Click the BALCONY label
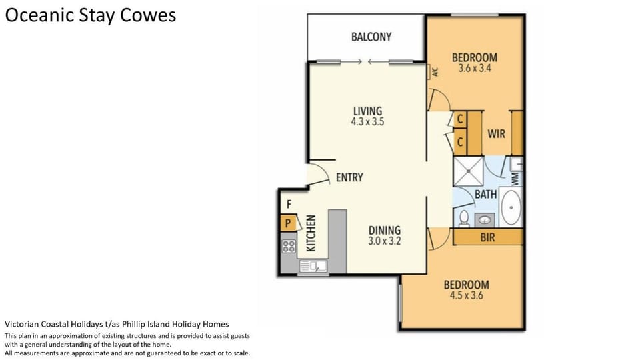[x=371, y=37]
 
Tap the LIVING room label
[x=368, y=111]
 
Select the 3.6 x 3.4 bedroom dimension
[x=474, y=68]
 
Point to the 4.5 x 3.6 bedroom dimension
[x=466, y=295]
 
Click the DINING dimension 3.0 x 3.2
[x=385, y=241]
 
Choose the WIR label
[x=496, y=133]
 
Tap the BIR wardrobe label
[x=487, y=237]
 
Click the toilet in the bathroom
[x=464, y=219]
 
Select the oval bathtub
[x=511, y=207]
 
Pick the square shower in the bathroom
[x=469, y=171]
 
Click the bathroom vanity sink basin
[x=485, y=221]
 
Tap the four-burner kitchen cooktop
[x=289, y=247]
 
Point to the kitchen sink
[x=313, y=266]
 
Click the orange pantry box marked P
[x=288, y=223]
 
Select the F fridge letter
[x=289, y=204]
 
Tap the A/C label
[x=435, y=72]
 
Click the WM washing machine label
[x=515, y=179]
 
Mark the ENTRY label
[x=349, y=177]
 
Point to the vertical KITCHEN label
[x=311, y=233]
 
